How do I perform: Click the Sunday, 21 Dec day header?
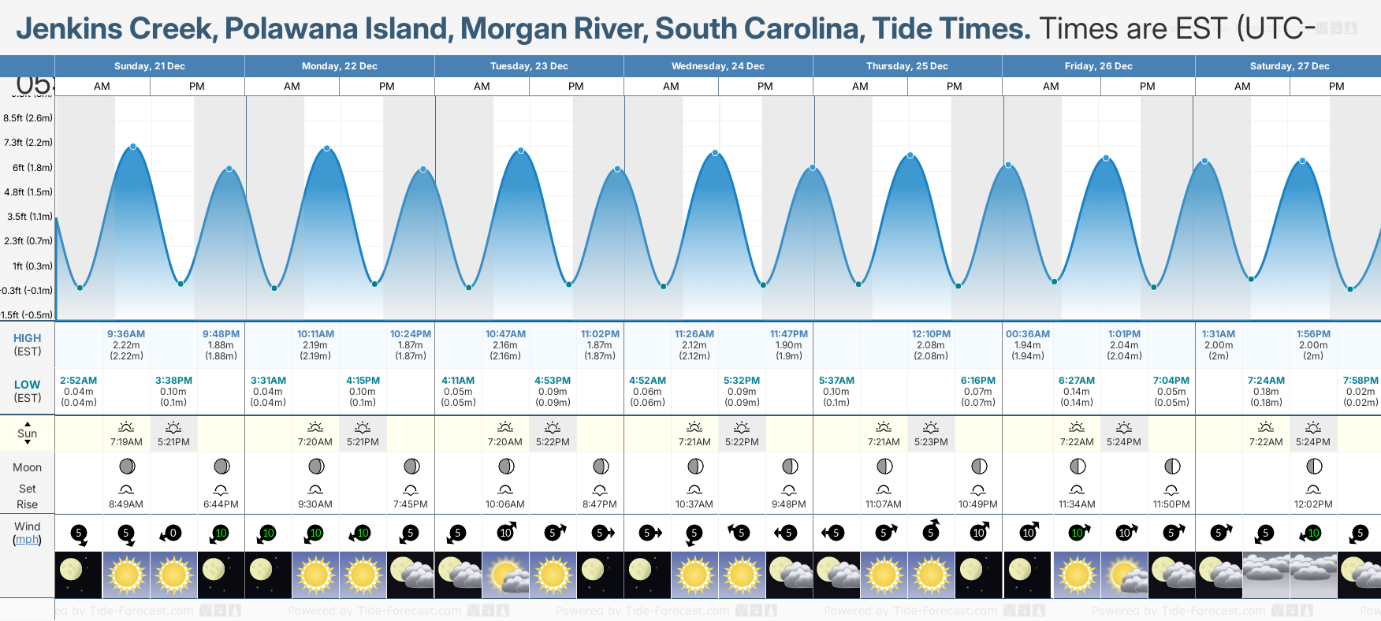(x=149, y=66)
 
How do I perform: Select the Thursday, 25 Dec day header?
(x=906, y=66)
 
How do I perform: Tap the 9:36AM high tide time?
(x=126, y=334)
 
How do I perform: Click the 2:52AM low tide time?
(x=79, y=381)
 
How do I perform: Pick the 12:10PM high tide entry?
(x=931, y=334)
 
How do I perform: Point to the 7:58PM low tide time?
(x=1361, y=381)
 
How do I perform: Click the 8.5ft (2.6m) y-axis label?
(x=28, y=118)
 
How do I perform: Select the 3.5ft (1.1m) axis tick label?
(x=30, y=217)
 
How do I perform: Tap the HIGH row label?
(x=27, y=338)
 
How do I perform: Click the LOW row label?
(x=27, y=385)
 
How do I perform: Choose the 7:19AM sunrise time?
(x=126, y=442)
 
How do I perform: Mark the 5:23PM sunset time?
(x=931, y=442)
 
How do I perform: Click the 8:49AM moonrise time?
(x=126, y=504)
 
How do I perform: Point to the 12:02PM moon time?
(x=1313, y=504)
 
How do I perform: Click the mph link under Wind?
(x=27, y=540)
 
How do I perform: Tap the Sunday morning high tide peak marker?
(x=133, y=147)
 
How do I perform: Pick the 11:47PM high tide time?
(x=789, y=334)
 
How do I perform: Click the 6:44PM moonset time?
(x=221, y=504)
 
